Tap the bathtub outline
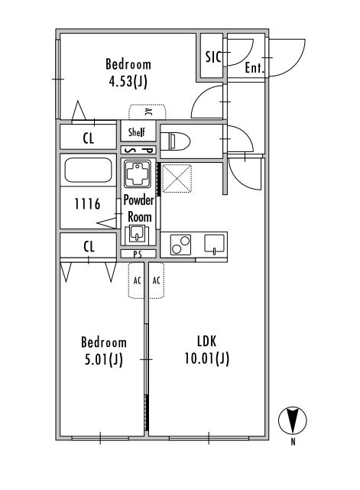pos(89,170)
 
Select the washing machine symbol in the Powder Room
pos(137,174)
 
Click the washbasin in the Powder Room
pos(137,234)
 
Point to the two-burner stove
pos(180,245)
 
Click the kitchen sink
pos(214,244)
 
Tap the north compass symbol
pos(293,420)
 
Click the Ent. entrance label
pos(255,67)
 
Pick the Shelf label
pos(137,132)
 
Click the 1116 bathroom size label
pos(87,204)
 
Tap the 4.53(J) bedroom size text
pos(128,82)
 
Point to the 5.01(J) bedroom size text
pos(104,359)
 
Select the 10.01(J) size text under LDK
pos(207,358)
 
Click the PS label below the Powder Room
pos(138,255)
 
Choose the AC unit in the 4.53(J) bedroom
pos(148,112)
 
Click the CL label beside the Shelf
pos(89,138)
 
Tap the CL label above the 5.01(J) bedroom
pos(89,247)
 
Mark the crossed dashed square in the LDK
pos(177,178)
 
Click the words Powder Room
pos(138,208)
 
